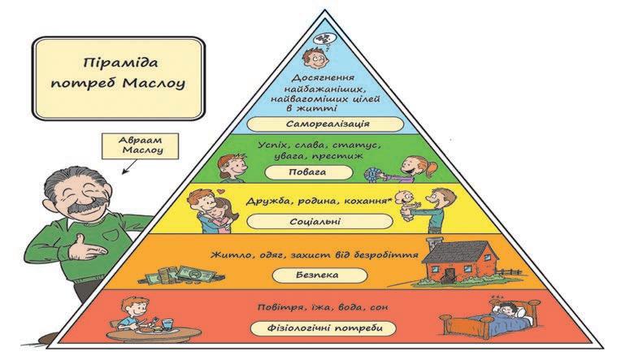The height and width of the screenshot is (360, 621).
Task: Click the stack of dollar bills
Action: [x=194, y=273]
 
